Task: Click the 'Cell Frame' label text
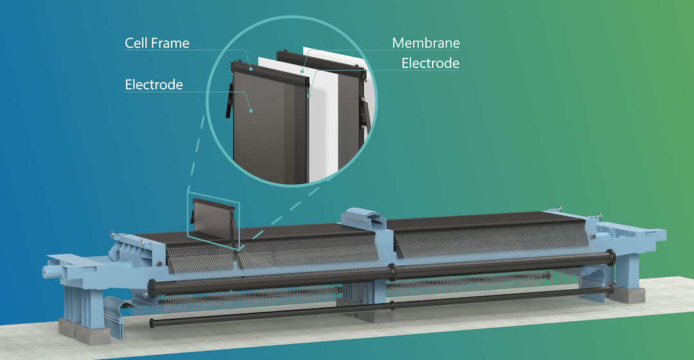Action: pos(157,44)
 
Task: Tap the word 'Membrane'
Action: pos(426,44)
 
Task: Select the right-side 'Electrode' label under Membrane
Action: pos(431,63)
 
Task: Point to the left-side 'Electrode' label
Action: pos(154,85)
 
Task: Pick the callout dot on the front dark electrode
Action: pos(251,111)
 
